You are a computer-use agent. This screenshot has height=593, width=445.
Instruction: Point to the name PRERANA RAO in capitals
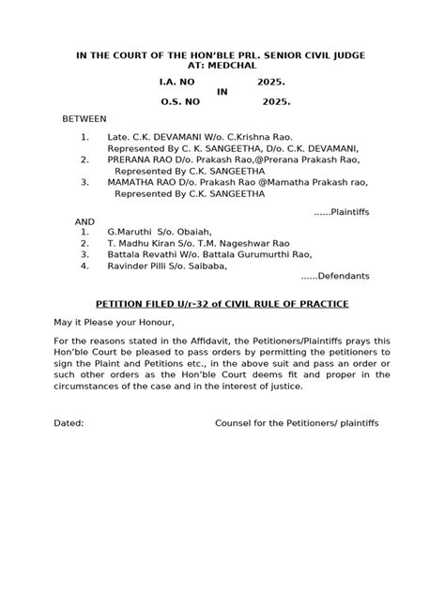click(x=143, y=160)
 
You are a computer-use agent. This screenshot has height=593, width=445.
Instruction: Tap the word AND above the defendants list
click(x=84, y=220)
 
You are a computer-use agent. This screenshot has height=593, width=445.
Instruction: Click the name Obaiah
click(x=191, y=232)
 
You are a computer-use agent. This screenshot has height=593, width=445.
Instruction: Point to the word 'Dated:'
click(x=68, y=423)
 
